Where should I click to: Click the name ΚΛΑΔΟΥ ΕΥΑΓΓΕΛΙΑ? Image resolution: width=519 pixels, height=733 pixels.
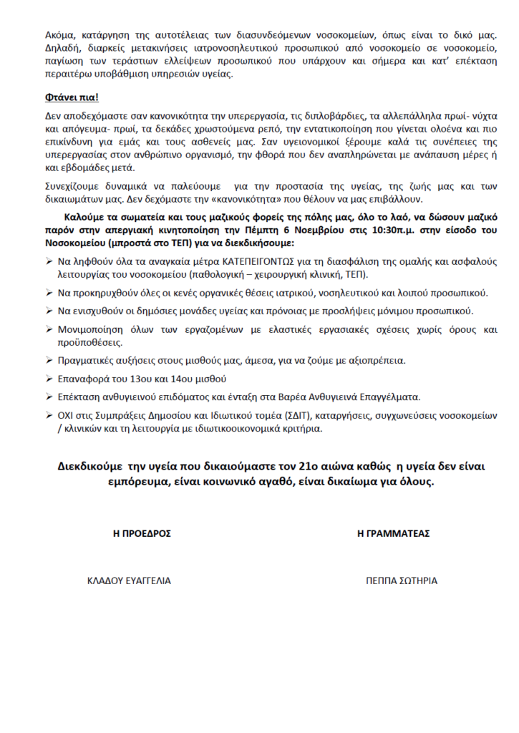129,581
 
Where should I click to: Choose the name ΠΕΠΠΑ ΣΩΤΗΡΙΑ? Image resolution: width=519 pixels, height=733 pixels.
401,581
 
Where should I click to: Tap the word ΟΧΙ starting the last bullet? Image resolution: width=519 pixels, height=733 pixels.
68,416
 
